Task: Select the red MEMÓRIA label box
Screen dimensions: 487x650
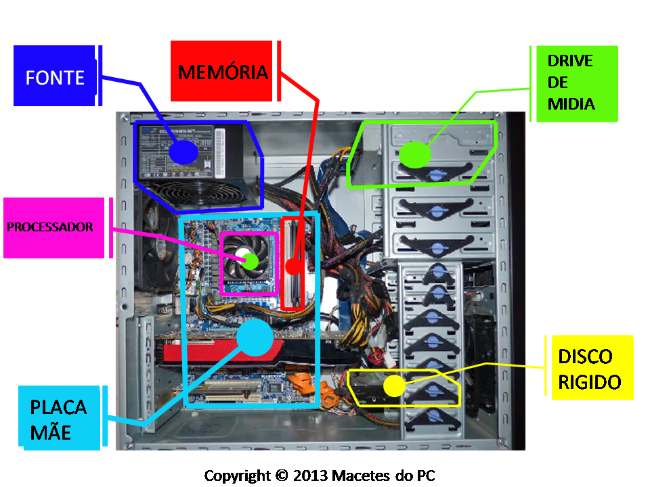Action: [x=221, y=72]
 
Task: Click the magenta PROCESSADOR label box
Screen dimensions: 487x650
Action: [x=53, y=227]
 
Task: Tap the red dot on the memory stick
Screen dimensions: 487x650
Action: [x=292, y=266]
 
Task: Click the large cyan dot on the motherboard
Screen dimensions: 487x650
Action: [x=255, y=337]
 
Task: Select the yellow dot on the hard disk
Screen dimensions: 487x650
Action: [x=393, y=386]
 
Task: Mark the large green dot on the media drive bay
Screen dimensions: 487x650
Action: [x=414, y=155]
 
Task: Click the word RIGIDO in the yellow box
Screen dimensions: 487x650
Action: [x=589, y=381]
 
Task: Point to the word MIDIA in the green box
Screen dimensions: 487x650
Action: [x=571, y=104]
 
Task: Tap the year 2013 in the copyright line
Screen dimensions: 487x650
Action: [x=310, y=475]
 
